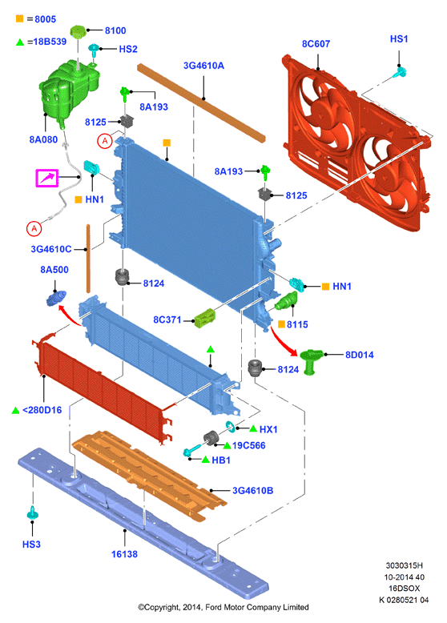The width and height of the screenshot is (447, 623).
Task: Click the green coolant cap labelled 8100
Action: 78,31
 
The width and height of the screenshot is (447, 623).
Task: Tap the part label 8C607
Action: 316,44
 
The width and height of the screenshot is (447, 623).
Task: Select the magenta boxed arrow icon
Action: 47,178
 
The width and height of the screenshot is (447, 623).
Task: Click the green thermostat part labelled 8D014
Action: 311,361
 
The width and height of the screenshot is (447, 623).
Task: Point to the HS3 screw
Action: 32,513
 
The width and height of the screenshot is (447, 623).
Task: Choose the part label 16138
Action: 124,554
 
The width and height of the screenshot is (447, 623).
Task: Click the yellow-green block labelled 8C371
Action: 205,318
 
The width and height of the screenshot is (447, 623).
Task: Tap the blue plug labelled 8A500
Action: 56,299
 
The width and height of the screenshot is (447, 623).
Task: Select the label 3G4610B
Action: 252,491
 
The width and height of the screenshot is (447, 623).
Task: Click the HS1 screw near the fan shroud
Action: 400,72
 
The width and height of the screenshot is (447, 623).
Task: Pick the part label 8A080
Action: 43,139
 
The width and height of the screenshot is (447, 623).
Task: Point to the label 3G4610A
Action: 203,66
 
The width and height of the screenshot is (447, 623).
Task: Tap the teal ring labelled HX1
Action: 231,426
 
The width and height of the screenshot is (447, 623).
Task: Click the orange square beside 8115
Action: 281,324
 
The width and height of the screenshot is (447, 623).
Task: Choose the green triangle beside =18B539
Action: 20,42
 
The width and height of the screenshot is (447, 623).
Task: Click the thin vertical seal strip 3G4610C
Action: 88,259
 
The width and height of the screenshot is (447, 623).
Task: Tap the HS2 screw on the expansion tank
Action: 94,50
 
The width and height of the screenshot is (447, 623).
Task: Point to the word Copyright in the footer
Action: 162,607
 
